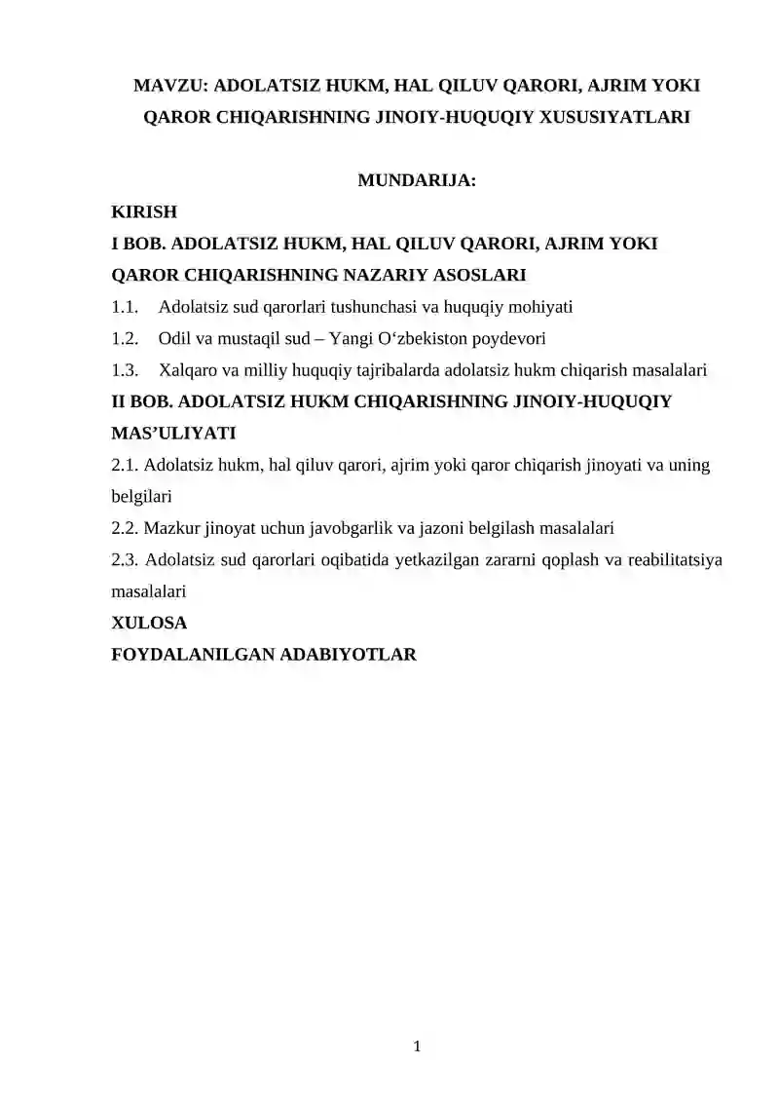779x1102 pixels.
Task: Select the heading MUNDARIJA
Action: tap(417, 180)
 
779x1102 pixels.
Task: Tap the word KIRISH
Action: tap(144, 211)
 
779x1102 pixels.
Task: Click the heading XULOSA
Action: tap(149, 623)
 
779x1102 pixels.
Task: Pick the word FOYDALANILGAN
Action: tap(193, 655)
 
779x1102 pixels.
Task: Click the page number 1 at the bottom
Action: tap(417, 1047)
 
